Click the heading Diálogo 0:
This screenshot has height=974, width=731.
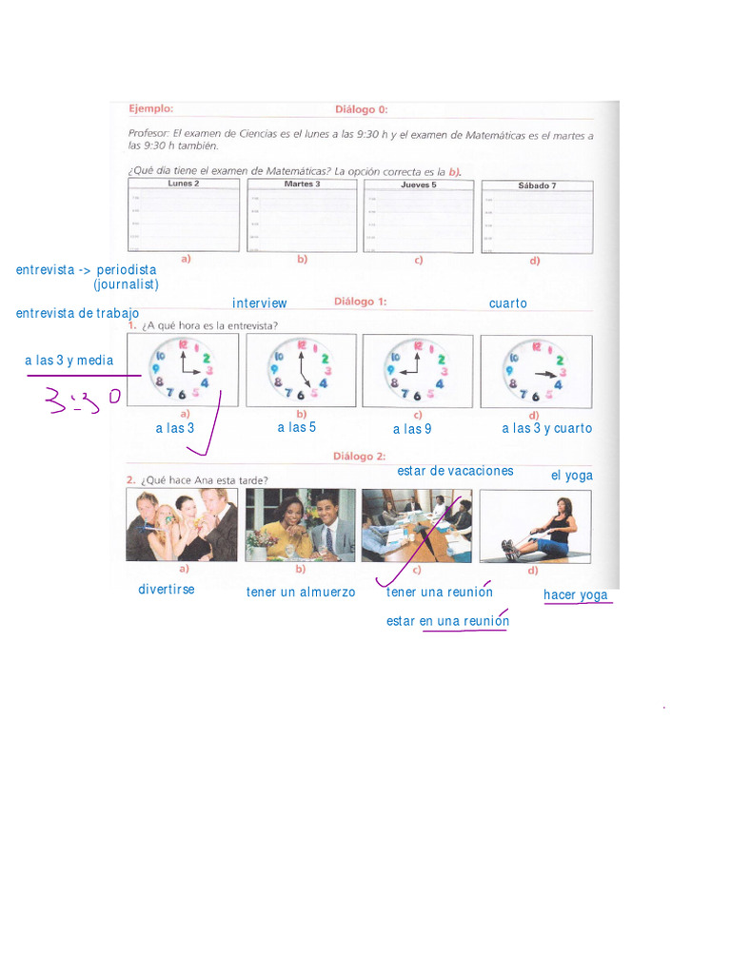click(361, 109)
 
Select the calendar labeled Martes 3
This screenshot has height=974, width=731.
click(302, 216)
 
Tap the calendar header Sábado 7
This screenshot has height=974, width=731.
click(536, 185)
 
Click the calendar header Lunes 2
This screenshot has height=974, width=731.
click(183, 183)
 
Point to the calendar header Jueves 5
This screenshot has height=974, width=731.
click(418, 185)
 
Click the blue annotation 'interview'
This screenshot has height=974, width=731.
click(260, 303)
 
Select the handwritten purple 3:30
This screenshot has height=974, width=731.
click(84, 399)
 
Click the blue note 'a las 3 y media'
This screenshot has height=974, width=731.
click(69, 360)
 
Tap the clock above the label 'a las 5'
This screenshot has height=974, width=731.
click(301, 370)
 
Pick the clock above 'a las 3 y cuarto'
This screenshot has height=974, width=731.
click(535, 371)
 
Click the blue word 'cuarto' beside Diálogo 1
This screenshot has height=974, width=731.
click(508, 303)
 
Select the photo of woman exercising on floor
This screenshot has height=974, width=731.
click(535, 526)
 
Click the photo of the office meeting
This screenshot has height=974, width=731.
click(417, 526)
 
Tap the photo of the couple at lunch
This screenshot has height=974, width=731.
click(301, 526)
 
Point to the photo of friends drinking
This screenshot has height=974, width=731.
click(182, 526)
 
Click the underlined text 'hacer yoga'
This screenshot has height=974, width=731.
click(576, 595)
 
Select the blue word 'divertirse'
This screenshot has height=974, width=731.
click(167, 590)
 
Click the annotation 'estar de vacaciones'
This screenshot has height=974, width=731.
click(456, 471)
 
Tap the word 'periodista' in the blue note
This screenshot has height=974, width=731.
click(127, 270)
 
